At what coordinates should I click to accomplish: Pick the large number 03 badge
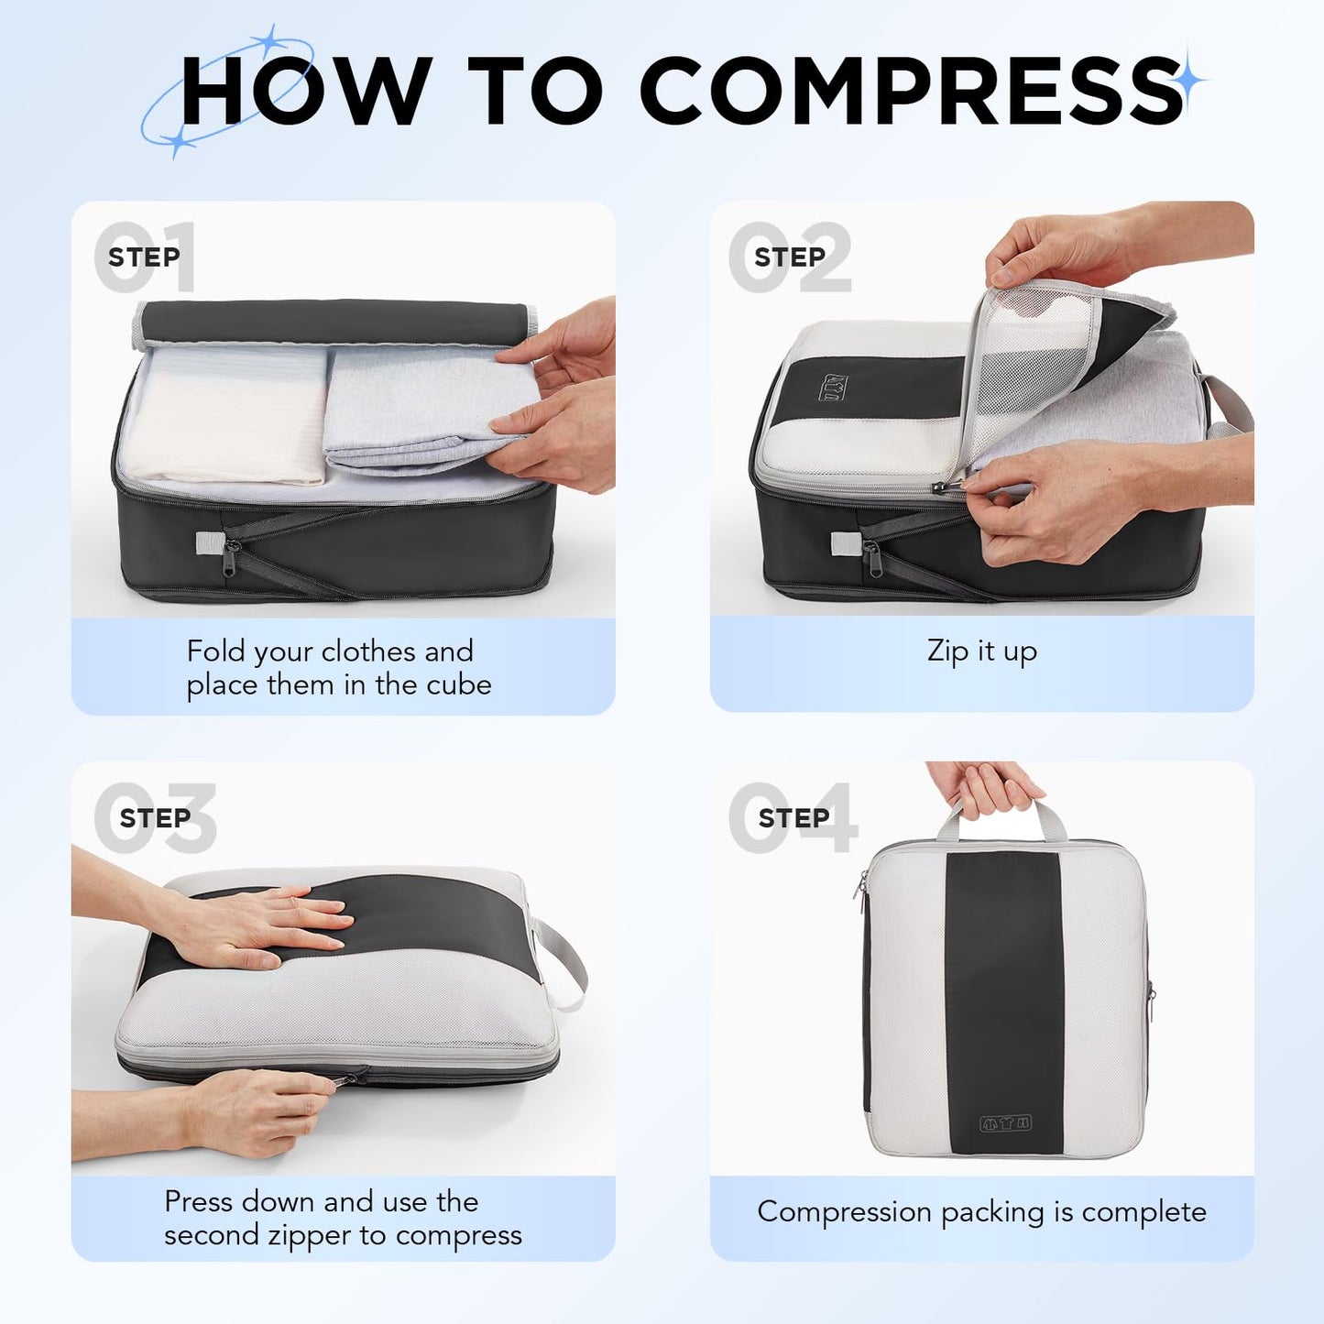pyautogui.click(x=156, y=817)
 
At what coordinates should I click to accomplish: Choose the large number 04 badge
pyautogui.click(x=793, y=817)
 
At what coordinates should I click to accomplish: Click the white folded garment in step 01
pyautogui.click(x=229, y=417)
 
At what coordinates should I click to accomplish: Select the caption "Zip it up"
pyautogui.click(x=981, y=651)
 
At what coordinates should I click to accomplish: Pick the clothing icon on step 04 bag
pyautogui.click(x=1005, y=1122)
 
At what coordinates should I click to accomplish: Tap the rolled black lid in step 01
pyautogui.click(x=334, y=321)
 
